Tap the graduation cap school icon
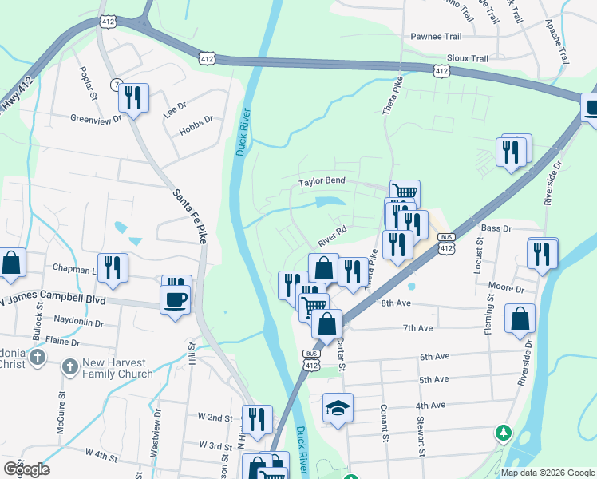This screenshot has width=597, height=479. (338, 407)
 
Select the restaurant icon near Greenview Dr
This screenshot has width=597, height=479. (133, 97)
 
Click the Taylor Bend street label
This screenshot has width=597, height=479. (322, 181)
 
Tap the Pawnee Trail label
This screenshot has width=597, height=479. (437, 37)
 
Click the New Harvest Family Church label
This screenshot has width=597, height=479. (118, 368)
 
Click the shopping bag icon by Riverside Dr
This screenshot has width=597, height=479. (520, 318)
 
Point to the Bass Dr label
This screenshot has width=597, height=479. (495, 228)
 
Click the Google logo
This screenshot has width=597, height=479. (26, 469)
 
